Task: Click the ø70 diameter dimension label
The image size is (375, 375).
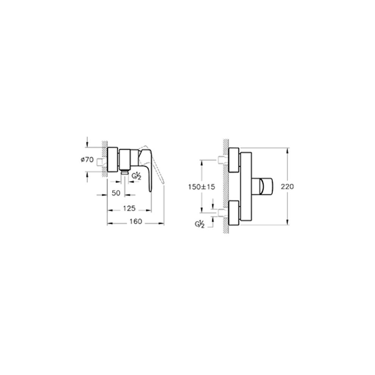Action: [x=87, y=159]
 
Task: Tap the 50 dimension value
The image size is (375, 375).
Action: [x=116, y=193]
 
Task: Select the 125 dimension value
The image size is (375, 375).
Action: [x=129, y=208]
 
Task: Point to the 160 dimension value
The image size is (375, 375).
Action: [x=136, y=222]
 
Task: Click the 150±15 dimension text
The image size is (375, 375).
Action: [x=202, y=187]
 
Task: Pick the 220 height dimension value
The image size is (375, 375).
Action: [x=287, y=186]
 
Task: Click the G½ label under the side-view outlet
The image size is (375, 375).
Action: [x=137, y=176]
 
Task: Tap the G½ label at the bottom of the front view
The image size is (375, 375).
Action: [x=200, y=224]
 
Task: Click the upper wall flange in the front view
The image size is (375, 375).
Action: [x=234, y=160]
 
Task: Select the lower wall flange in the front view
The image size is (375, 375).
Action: [x=234, y=213]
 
